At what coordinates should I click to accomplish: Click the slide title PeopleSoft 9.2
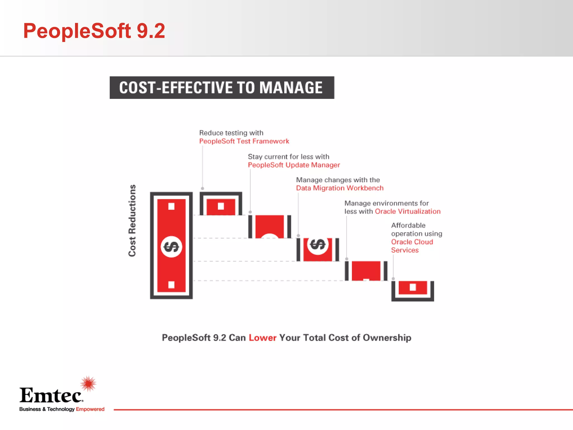(x=94, y=31)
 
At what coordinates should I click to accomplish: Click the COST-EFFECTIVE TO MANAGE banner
(x=222, y=88)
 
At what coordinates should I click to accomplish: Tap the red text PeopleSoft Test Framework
(x=244, y=141)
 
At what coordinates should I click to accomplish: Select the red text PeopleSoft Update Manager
(x=294, y=165)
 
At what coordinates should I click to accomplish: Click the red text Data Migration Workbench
(x=340, y=188)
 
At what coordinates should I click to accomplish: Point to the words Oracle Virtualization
(x=408, y=211)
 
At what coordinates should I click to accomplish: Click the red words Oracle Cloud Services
(x=412, y=246)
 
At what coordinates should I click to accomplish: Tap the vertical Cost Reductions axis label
(x=132, y=220)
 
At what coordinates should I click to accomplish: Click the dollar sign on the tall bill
(x=171, y=247)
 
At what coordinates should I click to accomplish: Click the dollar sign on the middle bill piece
(x=318, y=244)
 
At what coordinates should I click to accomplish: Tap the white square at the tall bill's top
(x=171, y=206)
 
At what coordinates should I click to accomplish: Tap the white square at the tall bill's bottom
(x=171, y=285)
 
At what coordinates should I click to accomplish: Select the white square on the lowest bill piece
(x=413, y=287)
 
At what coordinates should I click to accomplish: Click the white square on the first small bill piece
(x=221, y=206)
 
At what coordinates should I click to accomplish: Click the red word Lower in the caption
(x=262, y=338)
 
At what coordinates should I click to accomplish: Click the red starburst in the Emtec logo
(x=88, y=384)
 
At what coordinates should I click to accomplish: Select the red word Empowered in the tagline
(x=90, y=409)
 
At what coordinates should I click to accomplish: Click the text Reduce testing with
(x=231, y=133)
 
